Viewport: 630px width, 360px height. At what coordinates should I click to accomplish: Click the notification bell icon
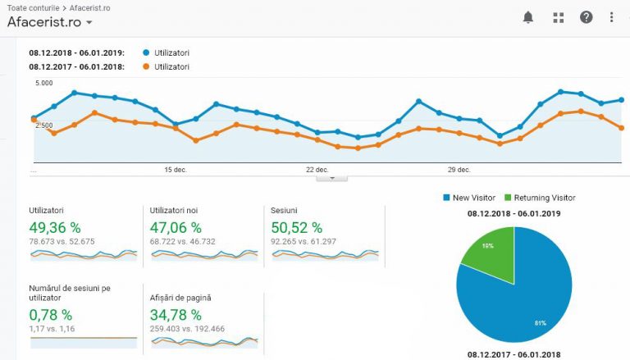point(528,17)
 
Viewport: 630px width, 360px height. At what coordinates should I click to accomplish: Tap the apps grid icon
point(559,17)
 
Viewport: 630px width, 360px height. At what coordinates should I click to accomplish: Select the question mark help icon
point(586,17)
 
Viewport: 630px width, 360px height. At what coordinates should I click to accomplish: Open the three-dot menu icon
point(612,17)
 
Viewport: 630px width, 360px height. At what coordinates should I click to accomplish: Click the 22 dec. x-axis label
point(317,170)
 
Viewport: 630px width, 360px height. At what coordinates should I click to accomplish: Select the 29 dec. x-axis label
point(459,170)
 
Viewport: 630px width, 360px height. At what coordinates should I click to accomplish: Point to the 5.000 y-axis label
point(44,83)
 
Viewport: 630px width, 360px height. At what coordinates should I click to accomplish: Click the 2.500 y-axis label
point(43,125)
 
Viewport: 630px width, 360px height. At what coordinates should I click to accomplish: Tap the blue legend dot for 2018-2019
point(146,53)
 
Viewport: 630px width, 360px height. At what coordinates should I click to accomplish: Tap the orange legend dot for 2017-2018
point(146,66)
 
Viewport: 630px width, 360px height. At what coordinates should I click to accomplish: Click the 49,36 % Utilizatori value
point(54,227)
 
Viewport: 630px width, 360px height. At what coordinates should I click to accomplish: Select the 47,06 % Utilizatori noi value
point(176,227)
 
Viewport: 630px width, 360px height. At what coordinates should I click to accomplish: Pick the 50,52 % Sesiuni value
point(296,227)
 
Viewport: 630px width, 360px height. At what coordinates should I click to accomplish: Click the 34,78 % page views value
point(176,315)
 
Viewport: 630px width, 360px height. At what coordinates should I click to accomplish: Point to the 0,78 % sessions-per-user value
point(51,315)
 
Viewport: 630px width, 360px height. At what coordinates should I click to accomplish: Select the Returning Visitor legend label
point(545,198)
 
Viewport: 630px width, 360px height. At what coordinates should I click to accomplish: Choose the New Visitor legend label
point(474,198)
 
